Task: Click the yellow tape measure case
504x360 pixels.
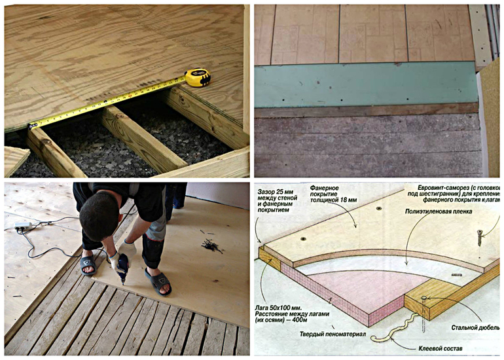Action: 197,78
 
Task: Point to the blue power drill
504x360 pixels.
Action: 121,268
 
